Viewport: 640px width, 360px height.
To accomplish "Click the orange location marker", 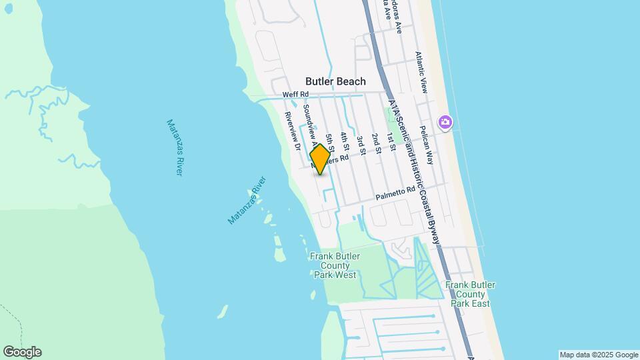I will click(320, 159).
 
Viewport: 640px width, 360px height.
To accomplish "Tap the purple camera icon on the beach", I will click(445, 122).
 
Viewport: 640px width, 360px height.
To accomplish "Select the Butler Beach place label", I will click(335, 81).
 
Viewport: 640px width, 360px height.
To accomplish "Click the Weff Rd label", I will click(295, 95).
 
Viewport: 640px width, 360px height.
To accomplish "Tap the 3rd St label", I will click(360, 145).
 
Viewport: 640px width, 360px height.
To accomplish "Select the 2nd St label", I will click(376, 143).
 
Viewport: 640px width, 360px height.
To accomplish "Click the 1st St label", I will click(392, 141).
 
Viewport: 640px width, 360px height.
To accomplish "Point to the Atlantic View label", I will click(423, 72).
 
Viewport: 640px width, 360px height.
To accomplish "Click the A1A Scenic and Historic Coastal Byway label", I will click(414, 173).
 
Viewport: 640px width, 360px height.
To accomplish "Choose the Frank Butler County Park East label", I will click(470, 294).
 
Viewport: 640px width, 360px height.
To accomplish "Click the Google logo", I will click(22, 352).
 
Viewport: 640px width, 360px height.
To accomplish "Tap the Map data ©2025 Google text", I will click(599, 355).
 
